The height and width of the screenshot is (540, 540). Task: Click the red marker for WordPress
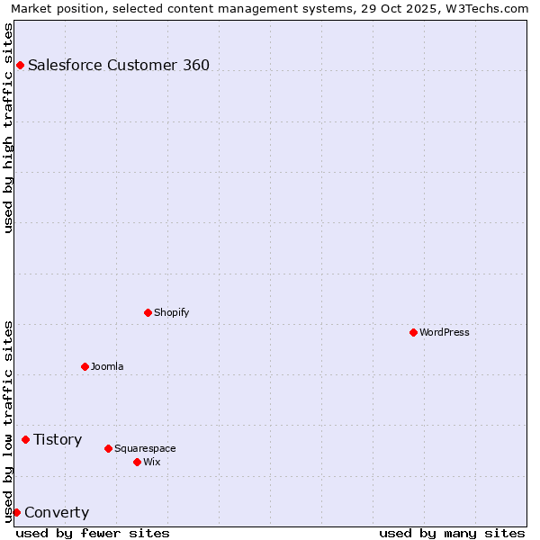pos(413,332)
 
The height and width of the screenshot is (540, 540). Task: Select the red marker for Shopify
pos(148,312)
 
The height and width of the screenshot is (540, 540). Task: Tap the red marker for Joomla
pos(85,366)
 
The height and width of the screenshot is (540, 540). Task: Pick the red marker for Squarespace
pos(108,448)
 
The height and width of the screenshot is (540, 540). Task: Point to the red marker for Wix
pos(137,462)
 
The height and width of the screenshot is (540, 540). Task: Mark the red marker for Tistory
pos(25,439)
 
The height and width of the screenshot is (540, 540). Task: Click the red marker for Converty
pos(16,512)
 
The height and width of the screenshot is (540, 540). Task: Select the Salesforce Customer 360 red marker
pos(20,65)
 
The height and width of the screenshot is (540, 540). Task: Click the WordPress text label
pos(445,332)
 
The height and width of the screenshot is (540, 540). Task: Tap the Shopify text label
pos(172,312)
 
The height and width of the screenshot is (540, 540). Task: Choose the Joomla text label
pos(107,366)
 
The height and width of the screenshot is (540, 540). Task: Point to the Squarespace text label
pos(145,448)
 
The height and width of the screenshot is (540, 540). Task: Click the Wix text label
pos(152,462)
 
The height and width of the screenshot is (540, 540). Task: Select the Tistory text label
pos(58,439)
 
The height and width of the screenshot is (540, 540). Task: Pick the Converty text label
pos(57,513)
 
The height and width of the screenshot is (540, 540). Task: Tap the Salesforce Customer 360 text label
pos(119,65)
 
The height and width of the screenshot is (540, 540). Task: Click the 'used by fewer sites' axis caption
pos(93,533)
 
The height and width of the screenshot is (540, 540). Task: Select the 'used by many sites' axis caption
pos(452,533)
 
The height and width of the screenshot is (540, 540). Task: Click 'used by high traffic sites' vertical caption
pos(8,128)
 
